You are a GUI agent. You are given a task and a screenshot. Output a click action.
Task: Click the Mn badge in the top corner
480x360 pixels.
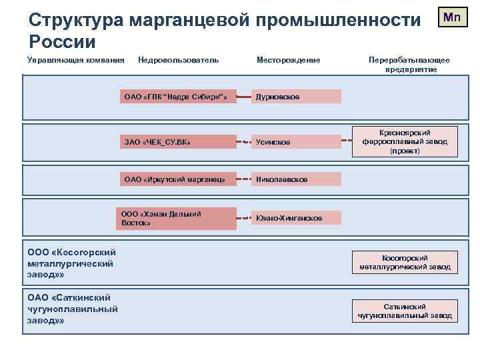(451, 17)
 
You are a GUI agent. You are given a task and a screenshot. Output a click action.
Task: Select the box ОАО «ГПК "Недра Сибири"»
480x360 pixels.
(178, 97)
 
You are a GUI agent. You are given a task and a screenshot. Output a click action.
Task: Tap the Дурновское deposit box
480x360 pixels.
(296, 97)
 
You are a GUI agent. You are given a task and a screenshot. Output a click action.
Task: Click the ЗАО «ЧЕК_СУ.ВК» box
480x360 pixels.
(178, 142)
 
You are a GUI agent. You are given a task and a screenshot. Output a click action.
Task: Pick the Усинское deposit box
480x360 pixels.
(296, 142)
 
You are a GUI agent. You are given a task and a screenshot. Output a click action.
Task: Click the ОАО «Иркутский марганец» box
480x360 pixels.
(178, 179)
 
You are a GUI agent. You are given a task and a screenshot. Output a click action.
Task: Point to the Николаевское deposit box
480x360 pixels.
(296, 179)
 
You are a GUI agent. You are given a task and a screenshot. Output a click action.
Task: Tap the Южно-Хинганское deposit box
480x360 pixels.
(296, 218)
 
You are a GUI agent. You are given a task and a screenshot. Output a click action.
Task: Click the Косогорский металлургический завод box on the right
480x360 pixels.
(405, 263)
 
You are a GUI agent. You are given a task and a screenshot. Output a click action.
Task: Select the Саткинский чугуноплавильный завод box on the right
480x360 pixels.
(405, 311)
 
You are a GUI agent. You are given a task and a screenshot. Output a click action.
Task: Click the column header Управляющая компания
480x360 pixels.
(76, 61)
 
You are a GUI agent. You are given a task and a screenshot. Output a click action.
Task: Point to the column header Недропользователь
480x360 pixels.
(178, 61)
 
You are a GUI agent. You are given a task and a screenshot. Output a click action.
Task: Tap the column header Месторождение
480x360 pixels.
(288, 61)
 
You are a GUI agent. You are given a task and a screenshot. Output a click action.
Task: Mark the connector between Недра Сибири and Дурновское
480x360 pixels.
(243, 97)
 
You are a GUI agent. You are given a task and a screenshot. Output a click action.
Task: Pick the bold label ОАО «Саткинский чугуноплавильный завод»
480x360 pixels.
(72, 309)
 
